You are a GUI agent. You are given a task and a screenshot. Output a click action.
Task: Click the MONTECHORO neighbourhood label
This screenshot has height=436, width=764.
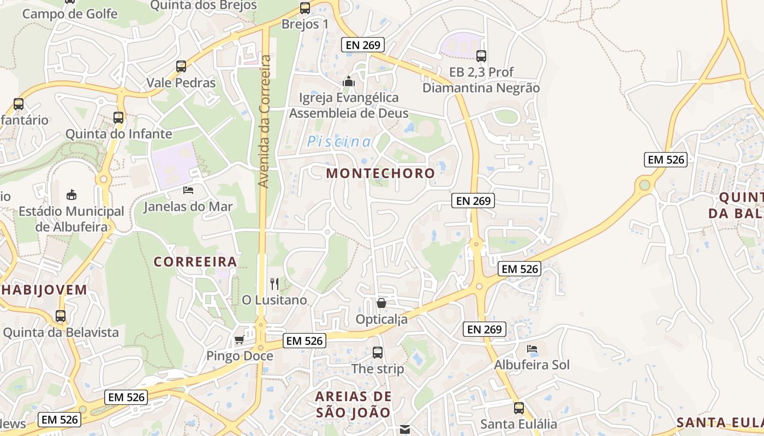pyautogui.click(x=380, y=173)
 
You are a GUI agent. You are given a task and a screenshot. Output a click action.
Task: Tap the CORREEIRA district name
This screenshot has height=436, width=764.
pyautogui.click(x=195, y=262)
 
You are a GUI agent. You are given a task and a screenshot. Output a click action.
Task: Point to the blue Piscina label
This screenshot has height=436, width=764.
pyautogui.click(x=339, y=142)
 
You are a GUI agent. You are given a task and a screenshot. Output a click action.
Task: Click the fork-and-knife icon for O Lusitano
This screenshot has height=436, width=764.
pyautogui.click(x=274, y=284)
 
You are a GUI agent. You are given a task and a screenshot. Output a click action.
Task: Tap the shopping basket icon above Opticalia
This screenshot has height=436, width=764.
pyautogui.click(x=381, y=302)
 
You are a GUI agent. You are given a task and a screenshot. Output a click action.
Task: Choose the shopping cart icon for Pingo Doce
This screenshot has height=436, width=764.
pyautogui.click(x=239, y=341)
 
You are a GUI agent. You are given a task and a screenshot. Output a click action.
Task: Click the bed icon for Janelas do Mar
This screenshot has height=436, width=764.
pyautogui.click(x=188, y=190)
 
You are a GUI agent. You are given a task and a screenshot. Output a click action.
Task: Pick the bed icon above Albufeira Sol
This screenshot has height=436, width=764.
pyautogui.click(x=532, y=349)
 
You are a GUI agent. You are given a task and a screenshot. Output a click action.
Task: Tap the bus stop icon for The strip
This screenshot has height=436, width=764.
pyautogui.click(x=378, y=353)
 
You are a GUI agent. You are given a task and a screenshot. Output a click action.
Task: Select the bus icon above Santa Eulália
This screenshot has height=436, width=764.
pyautogui.click(x=518, y=408)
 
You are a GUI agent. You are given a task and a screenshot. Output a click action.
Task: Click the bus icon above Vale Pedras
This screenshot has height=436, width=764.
pyautogui.click(x=181, y=66)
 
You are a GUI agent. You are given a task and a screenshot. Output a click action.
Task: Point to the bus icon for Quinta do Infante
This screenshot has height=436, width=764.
pyautogui.click(x=118, y=117)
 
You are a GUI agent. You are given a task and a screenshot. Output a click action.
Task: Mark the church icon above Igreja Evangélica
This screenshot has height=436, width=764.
pyautogui.click(x=349, y=82)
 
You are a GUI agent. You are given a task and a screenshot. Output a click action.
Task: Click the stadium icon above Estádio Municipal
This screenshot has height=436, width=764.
pyautogui.click(x=71, y=195)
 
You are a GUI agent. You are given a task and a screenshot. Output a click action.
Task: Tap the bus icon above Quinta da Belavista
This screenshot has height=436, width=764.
pyautogui.click(x=61, y=316)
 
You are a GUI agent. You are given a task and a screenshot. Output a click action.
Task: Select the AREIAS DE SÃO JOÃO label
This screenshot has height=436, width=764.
pyautogui.click(x=354, y=404)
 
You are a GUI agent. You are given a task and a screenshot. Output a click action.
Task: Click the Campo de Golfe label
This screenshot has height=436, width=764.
pyautogui.click(x=70, y=14)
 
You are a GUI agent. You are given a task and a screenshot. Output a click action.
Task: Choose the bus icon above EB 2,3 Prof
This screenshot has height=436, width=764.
pyautogui.click(x=481, y=56)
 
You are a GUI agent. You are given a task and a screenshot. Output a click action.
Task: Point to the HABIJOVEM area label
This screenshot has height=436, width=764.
pyautogui.click(x=44, y=289)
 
